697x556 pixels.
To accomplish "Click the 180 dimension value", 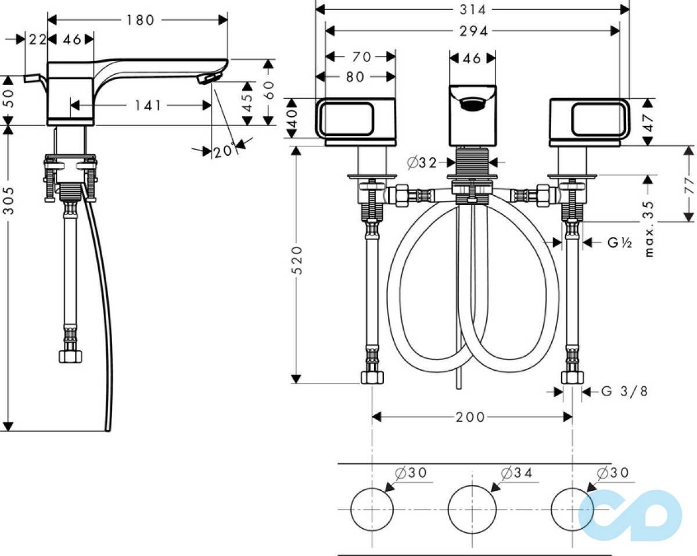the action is pyautogui.click(x=140, y=20).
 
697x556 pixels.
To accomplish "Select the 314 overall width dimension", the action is pyautogui.click(x=473, y=10).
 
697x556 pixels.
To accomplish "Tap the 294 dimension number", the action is pyautogui.click(x=473, y=31).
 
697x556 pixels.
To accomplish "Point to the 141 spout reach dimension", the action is pyautogui.click(x=148, y=105).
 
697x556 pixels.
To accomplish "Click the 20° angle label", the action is pyautogui.click(x=224, y=150).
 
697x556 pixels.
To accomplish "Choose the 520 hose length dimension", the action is pyautogui.click(x=297, y=260).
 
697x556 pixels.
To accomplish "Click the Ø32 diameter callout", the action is pyautogui.click(x=422, y=163).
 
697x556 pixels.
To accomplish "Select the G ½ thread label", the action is pyautogui.click(x=620, y=242).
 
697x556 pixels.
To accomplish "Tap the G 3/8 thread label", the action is pyautogui.click(x=624, y=392).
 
